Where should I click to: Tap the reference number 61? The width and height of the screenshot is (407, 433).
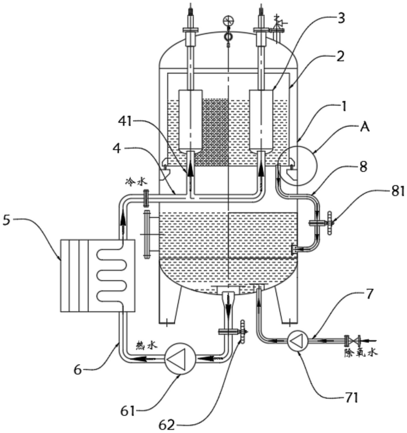pyautogui.click(x=128, y=411)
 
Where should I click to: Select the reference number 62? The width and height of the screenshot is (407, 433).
pyautogui.click(x=167, y=424)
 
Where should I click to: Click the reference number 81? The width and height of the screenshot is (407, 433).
pyautogui.click(x=398, y=191)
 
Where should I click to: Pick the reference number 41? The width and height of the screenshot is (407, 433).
pyautogui.click(x=126, y=121)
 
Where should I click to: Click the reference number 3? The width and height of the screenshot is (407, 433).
pyautogui.click(x=341, y=18)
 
